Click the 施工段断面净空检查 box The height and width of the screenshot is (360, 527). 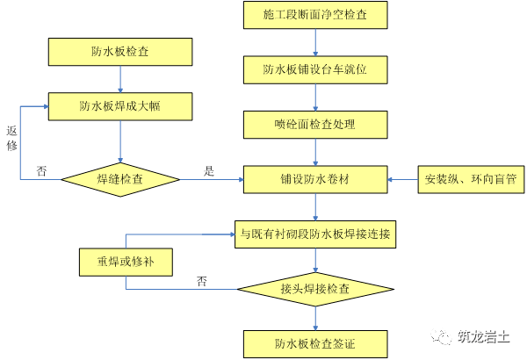point(315,15)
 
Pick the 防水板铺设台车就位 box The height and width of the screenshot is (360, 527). point(315,69)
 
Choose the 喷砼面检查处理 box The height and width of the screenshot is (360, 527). point(315,124)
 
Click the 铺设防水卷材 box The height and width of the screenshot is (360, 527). point(315,179)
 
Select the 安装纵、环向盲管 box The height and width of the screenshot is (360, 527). point(471,179)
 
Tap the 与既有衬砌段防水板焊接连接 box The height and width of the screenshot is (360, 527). point(315,234)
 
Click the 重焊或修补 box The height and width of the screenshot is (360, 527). point(125,262)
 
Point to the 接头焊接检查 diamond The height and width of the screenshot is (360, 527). point(315,288)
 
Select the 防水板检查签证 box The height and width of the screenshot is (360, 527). point(315,342)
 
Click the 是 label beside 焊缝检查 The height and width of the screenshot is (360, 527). point(209,171)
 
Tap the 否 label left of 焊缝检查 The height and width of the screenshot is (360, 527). point(41,171)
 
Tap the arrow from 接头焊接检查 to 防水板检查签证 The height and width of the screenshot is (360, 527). point(315,317)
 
